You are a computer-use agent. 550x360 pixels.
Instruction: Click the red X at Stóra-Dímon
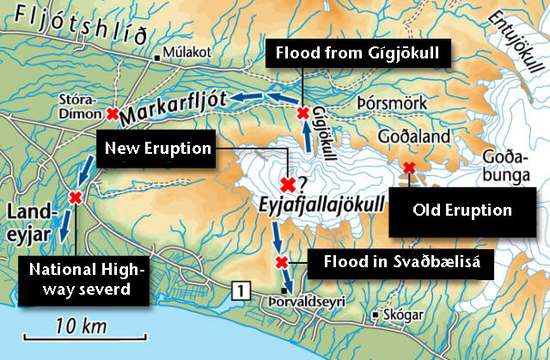(x=113, y=113)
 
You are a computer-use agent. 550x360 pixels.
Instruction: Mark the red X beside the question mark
(x=288, y=183)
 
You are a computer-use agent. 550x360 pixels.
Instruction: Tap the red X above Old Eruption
(x=410, y=168)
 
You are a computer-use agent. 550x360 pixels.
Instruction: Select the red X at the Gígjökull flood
(x=302, y=113)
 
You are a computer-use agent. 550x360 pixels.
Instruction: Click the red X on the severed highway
(x=75, y=198)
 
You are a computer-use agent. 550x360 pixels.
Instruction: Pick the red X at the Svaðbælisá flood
(x=280, y=262)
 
